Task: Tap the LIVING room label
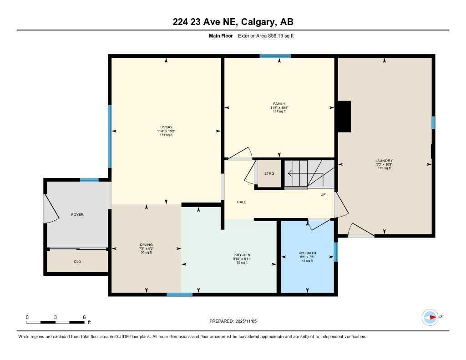tap(166, 127)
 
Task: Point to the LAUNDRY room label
tap(384, 161)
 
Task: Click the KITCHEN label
tap(242, 255)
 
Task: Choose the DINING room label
tap(147, 244)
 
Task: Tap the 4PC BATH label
tap(308, 253)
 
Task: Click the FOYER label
tap(77, 214)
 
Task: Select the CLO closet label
tap(77, 261)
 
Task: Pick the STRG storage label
tap(269, 173)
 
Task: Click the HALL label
tap(241, 202)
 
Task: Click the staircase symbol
tap(309, 173)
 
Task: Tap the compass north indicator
tap(430, 317)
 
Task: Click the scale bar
tap(55, 322)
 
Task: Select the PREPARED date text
tap(233, 321)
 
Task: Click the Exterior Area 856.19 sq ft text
tap(266, 35)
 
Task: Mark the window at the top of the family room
tap(275, 56)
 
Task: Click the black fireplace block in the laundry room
tap(344, 117)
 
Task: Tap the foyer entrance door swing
tap(51, 209)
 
